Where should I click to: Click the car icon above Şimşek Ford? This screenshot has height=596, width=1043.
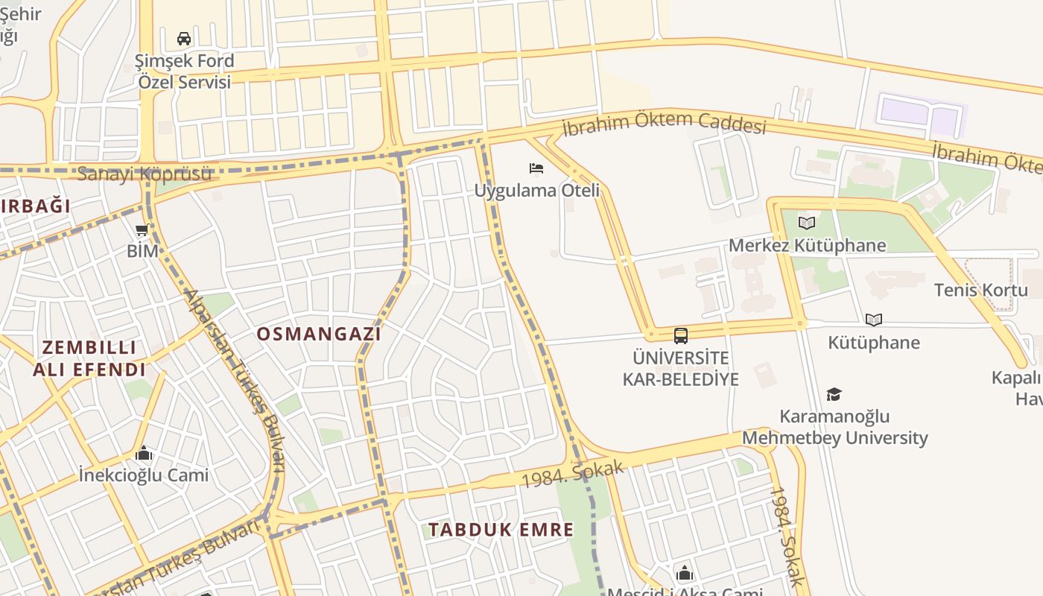click(184, 39)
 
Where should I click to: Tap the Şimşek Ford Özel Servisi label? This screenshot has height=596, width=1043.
click(185, 72)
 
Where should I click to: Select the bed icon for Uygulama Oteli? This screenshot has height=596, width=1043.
click(536, 169)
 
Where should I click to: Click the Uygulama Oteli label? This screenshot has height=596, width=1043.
click(536, 191)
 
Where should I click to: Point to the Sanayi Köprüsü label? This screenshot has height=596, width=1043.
click(145, 174)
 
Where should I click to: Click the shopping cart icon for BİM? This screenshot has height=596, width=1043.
click(142, 230)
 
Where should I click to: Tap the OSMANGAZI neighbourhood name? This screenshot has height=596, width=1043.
click(319, 335)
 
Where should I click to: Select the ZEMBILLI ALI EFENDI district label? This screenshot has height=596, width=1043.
click(89, 358)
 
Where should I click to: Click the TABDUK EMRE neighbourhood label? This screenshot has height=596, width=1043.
click(501, 530)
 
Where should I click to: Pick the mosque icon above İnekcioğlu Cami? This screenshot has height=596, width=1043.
click(144, 454)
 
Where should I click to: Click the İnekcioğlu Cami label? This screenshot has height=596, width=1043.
click(144, 475)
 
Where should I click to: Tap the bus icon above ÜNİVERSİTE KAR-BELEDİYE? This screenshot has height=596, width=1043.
click(680, 336)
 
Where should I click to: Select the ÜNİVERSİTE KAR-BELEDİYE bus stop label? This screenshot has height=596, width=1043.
click(680, 368)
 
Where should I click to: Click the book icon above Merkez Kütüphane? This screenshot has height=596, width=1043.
click(807, 223)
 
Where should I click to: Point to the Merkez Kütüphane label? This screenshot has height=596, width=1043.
click(807, 246)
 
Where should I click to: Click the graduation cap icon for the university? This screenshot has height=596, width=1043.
click(834, 394)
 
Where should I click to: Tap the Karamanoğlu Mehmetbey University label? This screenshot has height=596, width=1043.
click(834, 427)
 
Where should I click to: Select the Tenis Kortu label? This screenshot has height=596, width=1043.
click(980, 291)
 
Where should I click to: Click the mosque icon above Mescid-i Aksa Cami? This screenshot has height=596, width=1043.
click(684, 574)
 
